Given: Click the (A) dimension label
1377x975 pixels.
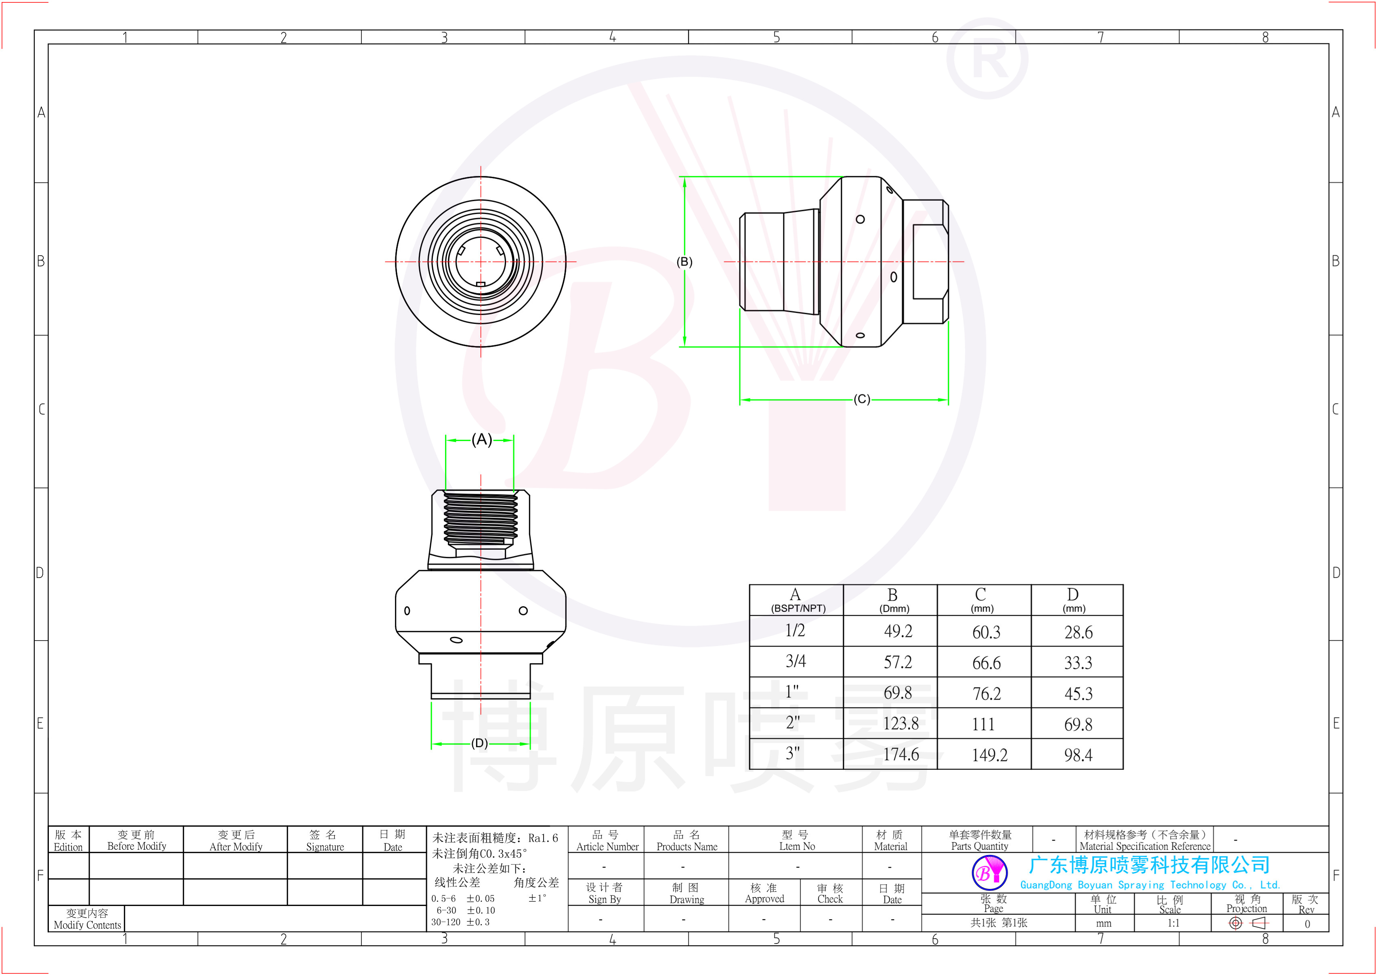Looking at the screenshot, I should (481, 440).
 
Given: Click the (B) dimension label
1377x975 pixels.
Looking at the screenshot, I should (684, 262).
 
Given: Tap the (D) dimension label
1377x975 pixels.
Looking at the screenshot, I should (479, 743).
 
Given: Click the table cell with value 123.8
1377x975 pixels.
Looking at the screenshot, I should (901, 723).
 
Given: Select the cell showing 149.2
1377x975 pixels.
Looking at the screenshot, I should (989, 754).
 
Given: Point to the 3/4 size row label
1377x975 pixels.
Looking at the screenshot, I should (796, 661).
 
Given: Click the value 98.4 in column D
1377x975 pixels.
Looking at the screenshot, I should (1078, 754).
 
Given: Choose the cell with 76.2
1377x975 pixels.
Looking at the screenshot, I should (986, 693).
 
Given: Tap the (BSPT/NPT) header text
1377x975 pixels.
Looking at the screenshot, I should (798, 608).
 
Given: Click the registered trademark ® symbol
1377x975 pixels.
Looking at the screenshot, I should (987, 59).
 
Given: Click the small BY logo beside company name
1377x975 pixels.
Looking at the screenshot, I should (989, 873).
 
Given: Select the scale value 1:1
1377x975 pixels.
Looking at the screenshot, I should (1173, 923).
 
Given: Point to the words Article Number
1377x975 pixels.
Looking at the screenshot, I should (607, 847).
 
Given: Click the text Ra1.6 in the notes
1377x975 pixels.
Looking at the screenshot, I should (543, 838).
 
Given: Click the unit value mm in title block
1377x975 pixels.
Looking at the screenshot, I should (1103, 923).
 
